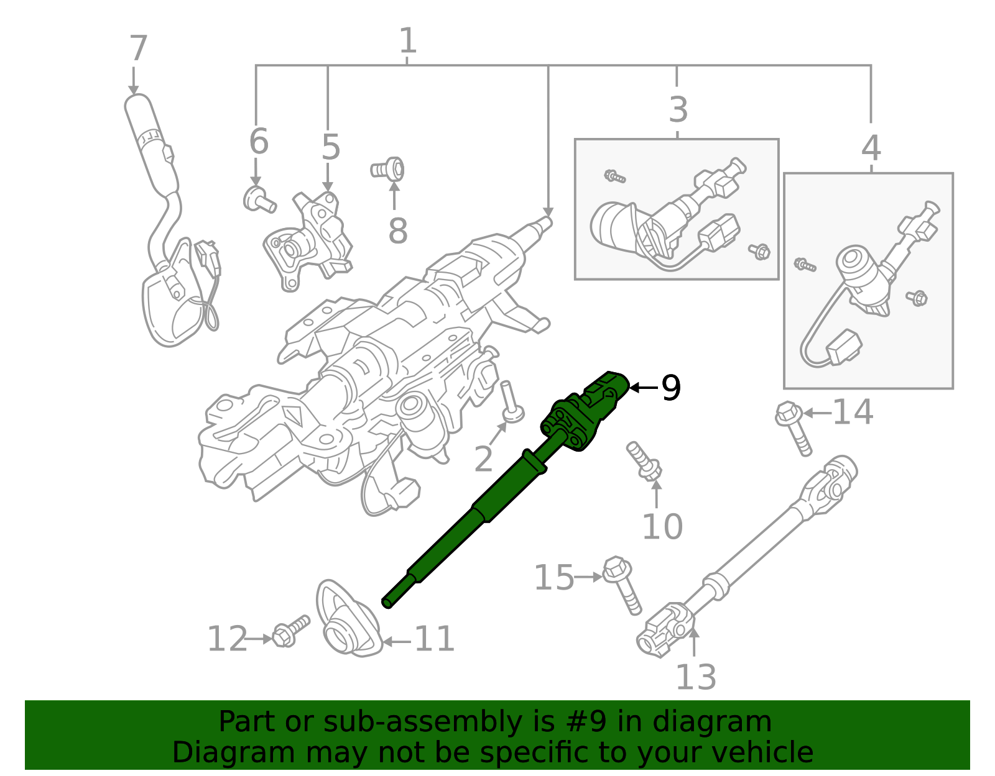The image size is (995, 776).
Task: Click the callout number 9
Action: click(x=671, y=388)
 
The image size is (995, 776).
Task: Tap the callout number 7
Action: click(x=138, y=49)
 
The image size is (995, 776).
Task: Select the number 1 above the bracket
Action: click(x=407, y=41)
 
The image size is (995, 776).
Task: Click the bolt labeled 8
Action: click(x=389, y=168)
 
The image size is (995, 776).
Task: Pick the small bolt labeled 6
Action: click(x=257, y=199)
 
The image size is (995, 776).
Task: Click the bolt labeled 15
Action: click(x=623, y=583)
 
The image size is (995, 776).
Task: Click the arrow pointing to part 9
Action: click(x=643, y=388)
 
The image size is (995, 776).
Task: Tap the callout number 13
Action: click(x=695, y=677)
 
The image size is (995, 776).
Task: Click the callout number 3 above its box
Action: click(x=678, y=109)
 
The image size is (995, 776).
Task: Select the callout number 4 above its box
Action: click(x=871, y=148)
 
